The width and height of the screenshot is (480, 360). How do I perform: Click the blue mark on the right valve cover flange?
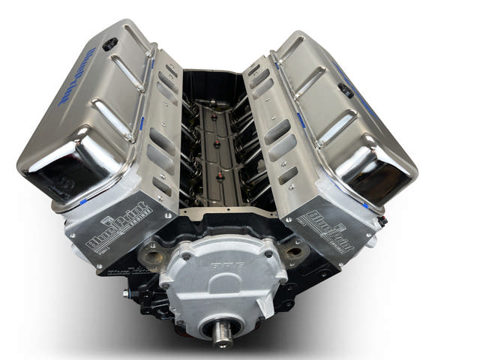pos(300,120)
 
